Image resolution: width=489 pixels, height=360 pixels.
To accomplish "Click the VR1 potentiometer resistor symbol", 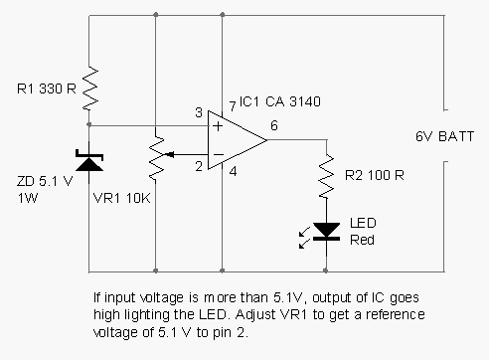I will (x=157, y=154).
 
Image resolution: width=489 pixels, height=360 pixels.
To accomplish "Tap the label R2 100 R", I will (x=375, y=176).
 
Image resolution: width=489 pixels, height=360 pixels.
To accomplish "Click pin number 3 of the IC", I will (x=198, y=113).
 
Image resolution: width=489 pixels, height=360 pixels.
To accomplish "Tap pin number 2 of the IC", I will (x=198, y=166).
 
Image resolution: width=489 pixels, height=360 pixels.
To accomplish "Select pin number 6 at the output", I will (x=273, y=124).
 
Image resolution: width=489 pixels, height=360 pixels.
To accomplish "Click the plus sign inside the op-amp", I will (x=215, y=126).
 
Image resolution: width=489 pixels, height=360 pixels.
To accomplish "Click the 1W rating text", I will (x=27, y=197).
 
